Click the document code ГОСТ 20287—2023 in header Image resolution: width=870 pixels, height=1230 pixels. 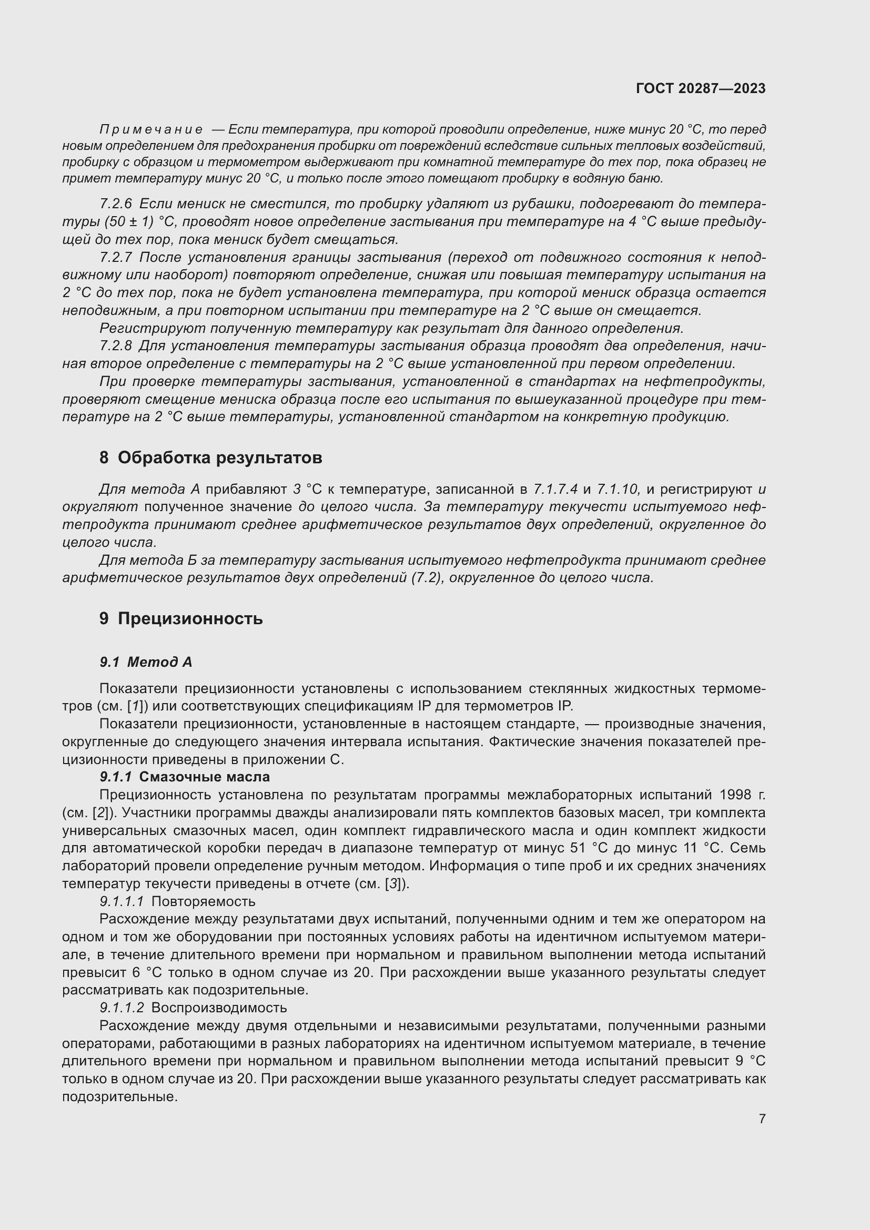coord(701,88)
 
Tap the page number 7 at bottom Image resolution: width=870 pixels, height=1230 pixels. coord(762,1119)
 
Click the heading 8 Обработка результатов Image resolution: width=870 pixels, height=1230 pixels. coord(210,458)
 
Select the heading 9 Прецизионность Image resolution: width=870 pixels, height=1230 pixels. coord(181,619)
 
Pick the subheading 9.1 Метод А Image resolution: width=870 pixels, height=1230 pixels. coord(146,663)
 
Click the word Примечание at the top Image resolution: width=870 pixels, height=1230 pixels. coord(151,130)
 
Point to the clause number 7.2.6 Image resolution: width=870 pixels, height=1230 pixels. coord(116,204)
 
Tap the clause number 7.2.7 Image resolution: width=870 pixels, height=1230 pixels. coord(116,258)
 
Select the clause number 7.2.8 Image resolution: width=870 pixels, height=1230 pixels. coord(116,347)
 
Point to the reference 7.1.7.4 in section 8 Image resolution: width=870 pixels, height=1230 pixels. coord(555,489)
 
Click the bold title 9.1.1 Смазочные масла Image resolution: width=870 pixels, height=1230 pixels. coord(185,777)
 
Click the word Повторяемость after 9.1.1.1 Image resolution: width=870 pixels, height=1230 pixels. coord(203,902)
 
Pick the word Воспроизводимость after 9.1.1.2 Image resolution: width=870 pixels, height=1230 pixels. coord(219,1008)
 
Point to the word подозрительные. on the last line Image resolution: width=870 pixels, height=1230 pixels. coord(119,1097)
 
